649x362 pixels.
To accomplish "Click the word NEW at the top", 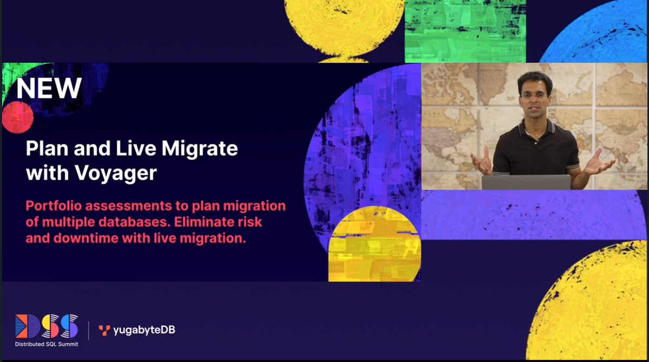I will coord(49,88).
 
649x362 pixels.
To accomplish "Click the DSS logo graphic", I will coord(47,326).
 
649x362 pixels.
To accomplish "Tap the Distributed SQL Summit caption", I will coord(47,344).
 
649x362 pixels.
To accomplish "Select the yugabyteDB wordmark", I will coord(144,330).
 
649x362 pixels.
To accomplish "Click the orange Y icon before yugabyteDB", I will coord(104,330).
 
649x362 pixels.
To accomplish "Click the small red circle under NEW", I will coord(17,117).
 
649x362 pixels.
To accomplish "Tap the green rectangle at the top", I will coord(465,30).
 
